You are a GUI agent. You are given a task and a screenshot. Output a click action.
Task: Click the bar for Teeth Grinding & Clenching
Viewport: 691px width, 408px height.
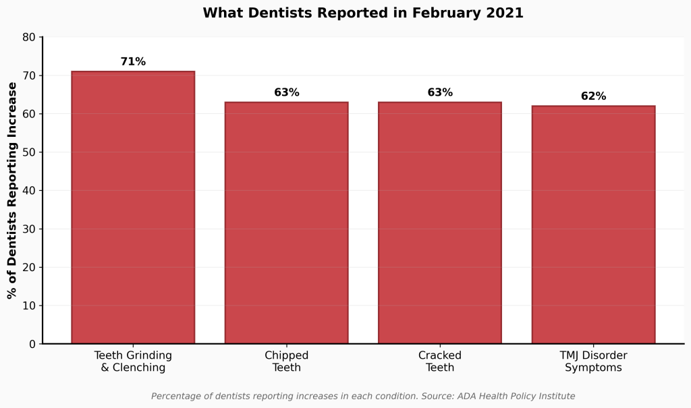tap(133, 208)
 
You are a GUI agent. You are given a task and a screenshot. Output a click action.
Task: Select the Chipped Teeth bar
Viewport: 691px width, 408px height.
tap(286, 223)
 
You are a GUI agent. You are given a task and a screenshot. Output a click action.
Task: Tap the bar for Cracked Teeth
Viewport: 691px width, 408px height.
tap(440, 223)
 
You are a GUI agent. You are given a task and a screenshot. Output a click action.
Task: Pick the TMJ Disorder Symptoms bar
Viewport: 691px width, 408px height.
tap(593, 225)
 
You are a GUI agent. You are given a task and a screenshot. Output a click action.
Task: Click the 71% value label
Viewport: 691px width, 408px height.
tap(133, 62)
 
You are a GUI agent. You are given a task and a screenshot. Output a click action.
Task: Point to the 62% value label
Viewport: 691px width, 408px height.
tap(593, 96)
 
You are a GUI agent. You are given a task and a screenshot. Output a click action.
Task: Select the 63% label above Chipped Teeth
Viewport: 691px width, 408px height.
tap(286, 92)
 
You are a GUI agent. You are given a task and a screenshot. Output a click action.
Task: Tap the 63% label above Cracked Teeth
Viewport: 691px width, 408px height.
tap(440, 92)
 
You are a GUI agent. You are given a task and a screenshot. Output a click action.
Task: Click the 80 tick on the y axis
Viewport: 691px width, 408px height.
tap(29, 37)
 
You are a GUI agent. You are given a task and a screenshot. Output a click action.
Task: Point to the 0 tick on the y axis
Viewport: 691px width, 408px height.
tap(32, 344)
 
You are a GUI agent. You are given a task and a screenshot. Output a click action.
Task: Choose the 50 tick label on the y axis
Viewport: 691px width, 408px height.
tap(29, 152)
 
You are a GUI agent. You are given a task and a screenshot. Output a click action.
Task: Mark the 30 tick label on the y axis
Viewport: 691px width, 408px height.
tap(29, 229)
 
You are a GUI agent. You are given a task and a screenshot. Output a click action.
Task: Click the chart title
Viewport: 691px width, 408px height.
tap(363, 13)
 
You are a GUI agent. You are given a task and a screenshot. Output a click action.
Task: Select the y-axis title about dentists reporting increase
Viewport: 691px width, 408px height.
tap(11, 190)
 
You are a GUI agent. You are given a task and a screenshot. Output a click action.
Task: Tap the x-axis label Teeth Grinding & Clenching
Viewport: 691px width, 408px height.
tap(133, 361)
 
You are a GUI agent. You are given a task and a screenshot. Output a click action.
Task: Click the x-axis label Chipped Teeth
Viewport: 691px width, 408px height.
tap(286, 361)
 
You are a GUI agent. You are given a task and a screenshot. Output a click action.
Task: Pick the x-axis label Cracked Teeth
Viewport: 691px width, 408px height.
tap(440, 361)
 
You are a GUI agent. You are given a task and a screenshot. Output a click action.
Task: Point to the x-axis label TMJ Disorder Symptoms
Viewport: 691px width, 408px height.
tap(593, 361)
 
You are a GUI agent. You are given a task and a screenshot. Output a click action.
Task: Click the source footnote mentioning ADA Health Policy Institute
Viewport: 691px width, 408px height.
tap(363, 397)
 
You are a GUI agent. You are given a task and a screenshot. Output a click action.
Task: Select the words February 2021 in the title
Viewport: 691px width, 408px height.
tap(476, 13)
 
